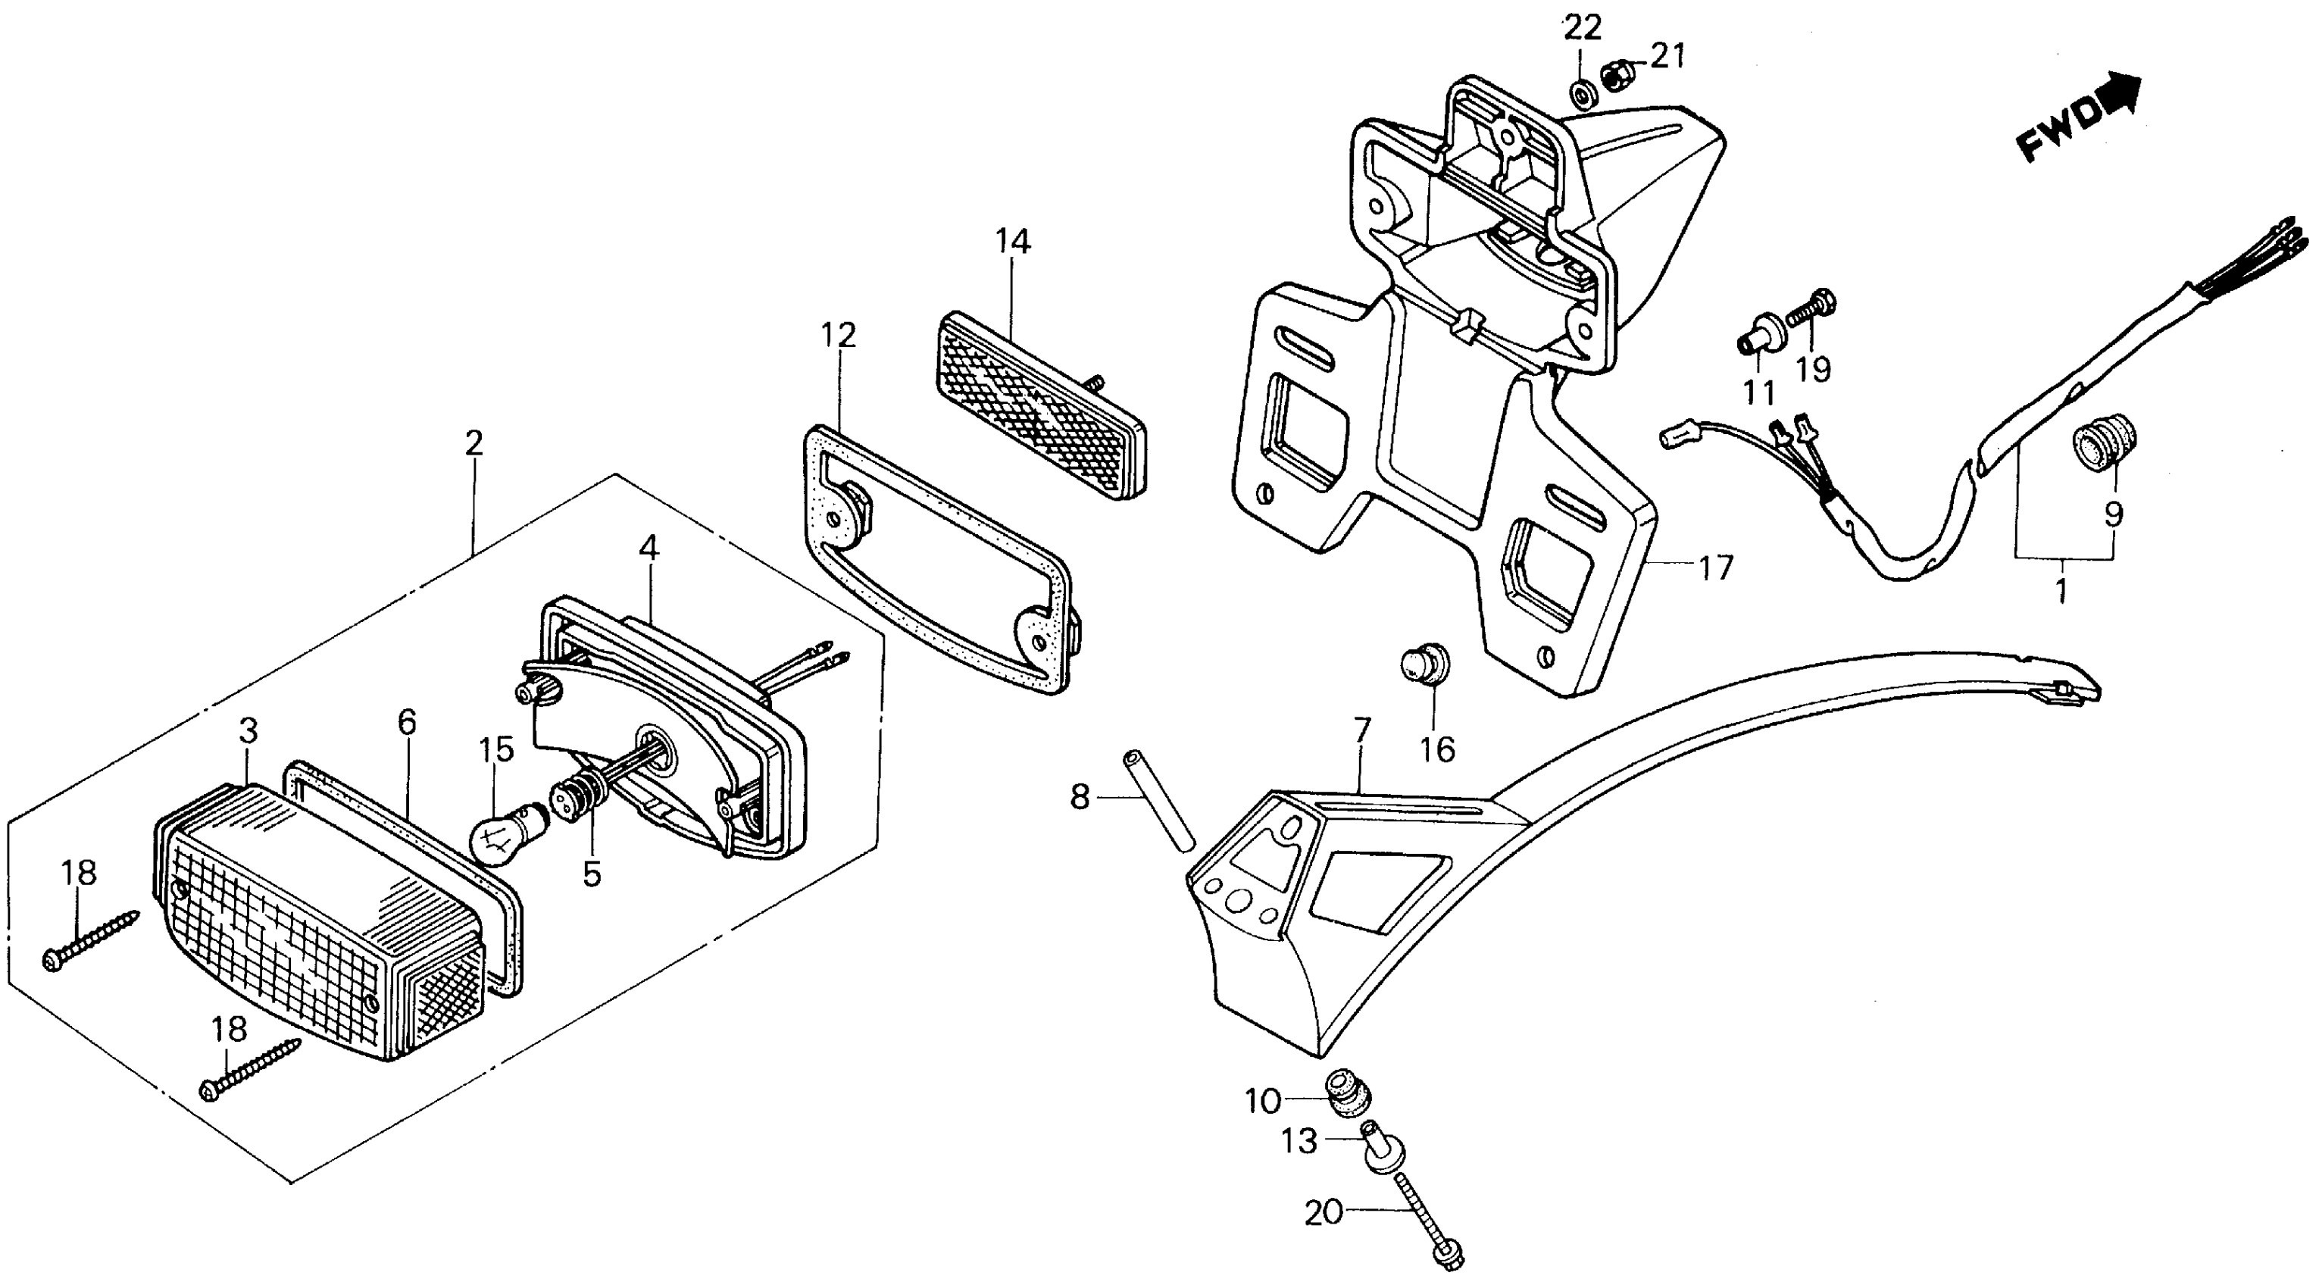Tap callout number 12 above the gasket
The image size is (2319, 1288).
pos(838,335)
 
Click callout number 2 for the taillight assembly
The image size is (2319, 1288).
pos(473,442)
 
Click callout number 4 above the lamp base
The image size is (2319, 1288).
pos(649,548)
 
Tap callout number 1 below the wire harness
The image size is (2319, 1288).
pos(2061,592)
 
